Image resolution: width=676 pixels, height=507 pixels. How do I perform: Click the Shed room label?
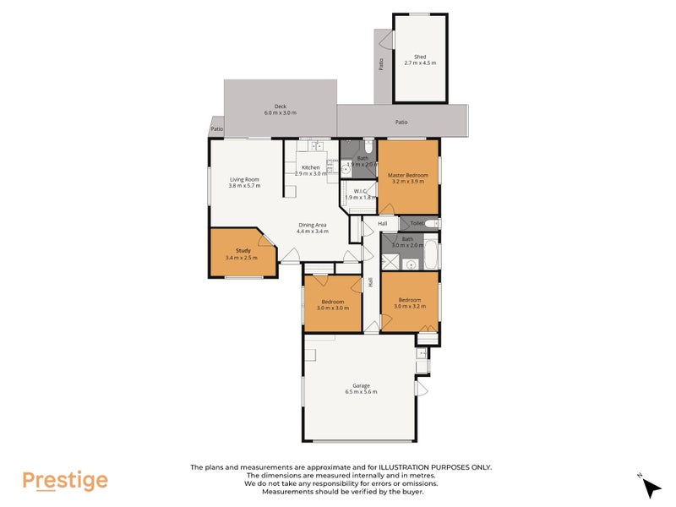coord(420,59)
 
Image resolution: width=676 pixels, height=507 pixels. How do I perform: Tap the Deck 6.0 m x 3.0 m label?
coord(281,110)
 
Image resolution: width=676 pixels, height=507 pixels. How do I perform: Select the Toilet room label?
coord(417,223)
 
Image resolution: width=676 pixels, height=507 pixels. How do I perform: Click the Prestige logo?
coord(65,481)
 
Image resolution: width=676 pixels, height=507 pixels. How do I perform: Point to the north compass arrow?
coord(651,487)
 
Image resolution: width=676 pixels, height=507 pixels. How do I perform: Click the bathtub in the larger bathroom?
coord(431,252)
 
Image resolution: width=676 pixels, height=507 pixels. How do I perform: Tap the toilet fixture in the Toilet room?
coord(432,224)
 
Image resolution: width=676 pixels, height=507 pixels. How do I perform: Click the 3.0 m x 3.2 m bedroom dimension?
coord(410,307)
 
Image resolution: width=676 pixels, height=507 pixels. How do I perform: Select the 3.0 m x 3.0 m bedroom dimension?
coord(333,308)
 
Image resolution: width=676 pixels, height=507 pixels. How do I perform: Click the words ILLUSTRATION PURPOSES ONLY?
coord(435,467)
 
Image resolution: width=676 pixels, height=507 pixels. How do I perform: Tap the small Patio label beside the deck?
coord(217,129)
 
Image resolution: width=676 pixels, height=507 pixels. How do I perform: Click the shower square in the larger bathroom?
coord(390,262)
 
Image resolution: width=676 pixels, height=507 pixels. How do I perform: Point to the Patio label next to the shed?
coord(381,64)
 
